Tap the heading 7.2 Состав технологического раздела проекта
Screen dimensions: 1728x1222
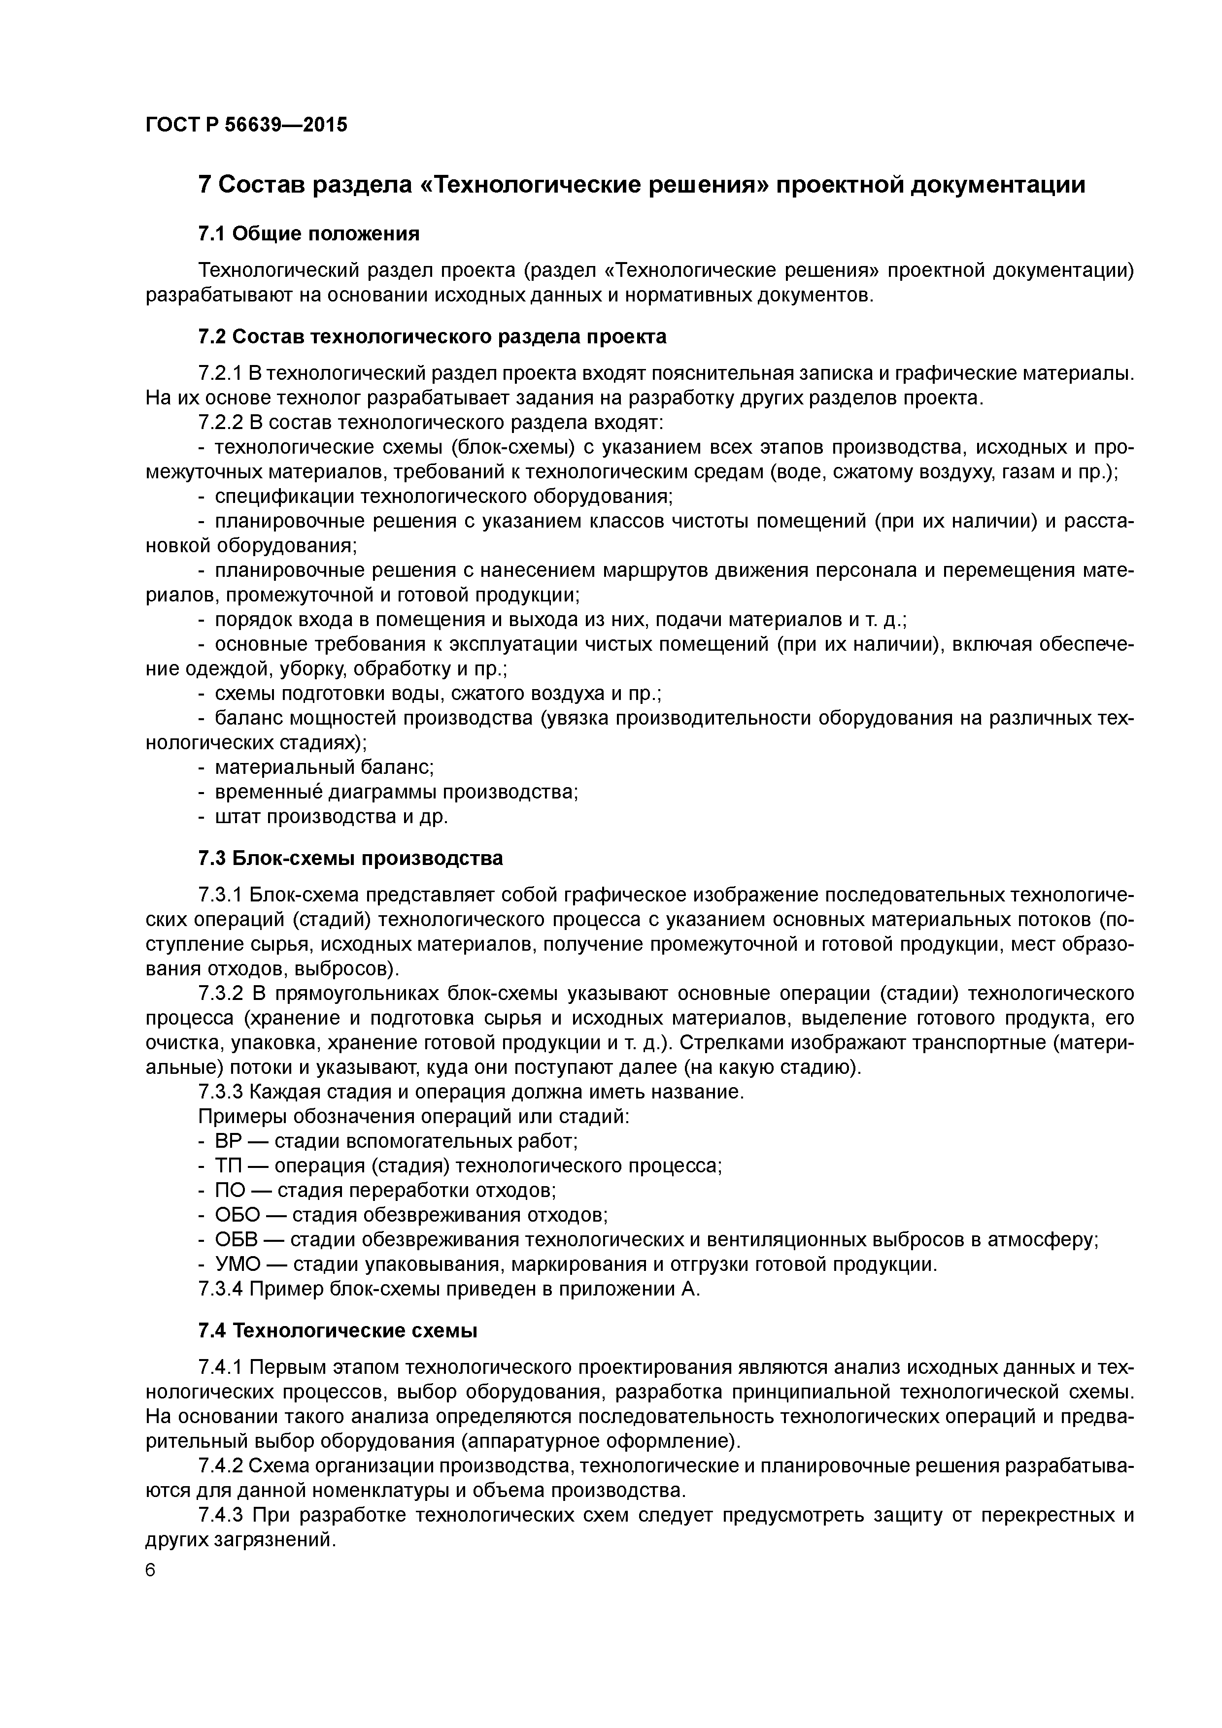[432, 336]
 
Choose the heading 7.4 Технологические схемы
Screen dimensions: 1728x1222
[338, 1330]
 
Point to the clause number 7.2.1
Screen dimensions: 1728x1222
[221, 373]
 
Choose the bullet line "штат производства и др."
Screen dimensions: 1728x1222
[331, 817]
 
